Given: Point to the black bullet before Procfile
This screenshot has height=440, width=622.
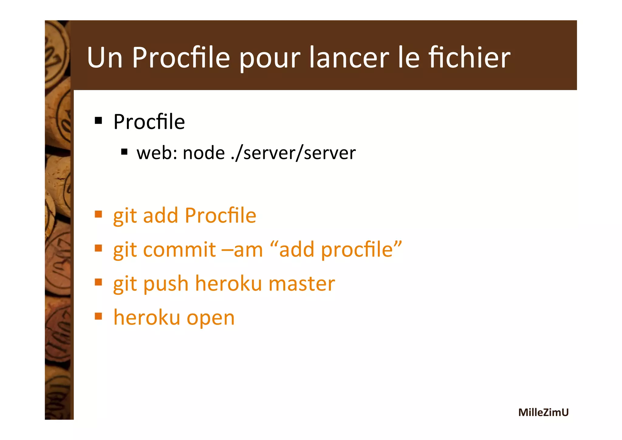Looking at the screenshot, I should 98,121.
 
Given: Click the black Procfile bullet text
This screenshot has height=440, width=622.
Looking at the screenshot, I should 149,122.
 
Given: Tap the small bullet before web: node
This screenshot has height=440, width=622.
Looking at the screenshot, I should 124,151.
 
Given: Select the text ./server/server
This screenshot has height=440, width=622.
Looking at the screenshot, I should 293,153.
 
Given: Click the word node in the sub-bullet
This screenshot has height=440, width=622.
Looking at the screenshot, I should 203,153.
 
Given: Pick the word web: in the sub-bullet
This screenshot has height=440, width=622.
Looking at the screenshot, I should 157,153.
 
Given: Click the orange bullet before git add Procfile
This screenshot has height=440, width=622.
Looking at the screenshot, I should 98,214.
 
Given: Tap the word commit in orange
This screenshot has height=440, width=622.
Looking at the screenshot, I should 179,249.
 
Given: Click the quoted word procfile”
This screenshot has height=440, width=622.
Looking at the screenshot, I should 361,249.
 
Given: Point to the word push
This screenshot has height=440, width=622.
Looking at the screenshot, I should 166,284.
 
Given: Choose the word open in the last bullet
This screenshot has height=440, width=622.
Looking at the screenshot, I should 210,318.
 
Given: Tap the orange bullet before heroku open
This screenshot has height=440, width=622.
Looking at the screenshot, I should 98,316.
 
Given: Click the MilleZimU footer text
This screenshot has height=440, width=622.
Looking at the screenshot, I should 543,412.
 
